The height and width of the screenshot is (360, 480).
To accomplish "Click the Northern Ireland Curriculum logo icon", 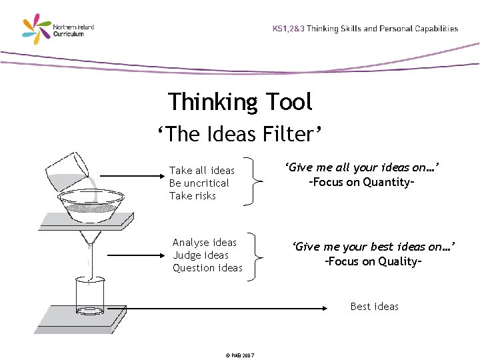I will pos(37,29).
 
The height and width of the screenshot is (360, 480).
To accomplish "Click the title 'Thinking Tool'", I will pos(240,102).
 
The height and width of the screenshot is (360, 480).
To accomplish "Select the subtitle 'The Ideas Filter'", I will pos(240,135).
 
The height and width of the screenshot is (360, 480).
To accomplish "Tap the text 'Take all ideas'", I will pos(202,171).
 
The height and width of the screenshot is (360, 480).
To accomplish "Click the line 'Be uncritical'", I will pos(199,183).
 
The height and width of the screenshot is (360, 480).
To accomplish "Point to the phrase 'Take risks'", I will pos(193,196).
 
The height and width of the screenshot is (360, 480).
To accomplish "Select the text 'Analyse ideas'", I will pos(205,243).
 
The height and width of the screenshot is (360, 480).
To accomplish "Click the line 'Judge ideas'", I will pos(200,255).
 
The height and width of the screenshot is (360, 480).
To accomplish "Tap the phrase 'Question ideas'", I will pos(207,268).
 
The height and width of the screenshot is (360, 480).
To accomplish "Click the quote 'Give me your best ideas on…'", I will pos(373,247).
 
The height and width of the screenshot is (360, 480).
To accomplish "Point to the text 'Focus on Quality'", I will pos(373,261).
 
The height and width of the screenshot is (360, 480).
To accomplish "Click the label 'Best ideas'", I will pos(374,307).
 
